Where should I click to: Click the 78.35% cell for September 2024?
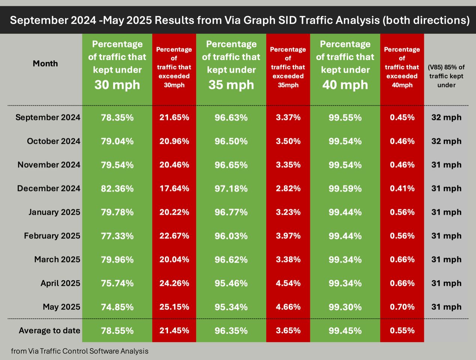click(x=117, y=118)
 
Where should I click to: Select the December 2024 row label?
click(x=49, y=188)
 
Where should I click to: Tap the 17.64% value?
click(x=174, y=188)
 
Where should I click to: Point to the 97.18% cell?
click(x=231, y=189)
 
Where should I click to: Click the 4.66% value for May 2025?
click(x=288, y=307)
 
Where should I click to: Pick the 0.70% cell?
click(x=402, y=307)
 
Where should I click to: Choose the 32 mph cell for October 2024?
click(x=446, y=141)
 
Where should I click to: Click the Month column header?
click(x=45, y=64)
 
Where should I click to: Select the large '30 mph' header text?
click(x=117, y=85)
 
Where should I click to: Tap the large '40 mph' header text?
click(x=345, y=85)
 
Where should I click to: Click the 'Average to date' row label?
click(x=49, y=331)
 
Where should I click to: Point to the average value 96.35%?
click(x=231, y=331)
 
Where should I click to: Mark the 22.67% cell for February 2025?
click(x=174, y=236)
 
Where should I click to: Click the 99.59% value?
click(x=345, y=189)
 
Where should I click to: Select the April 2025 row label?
click(x=60, y=283)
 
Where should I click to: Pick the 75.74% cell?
click(x=117, y=283)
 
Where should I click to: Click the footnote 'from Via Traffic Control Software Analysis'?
click(x=80, y=351)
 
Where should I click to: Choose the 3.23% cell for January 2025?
click(x=288, y=212)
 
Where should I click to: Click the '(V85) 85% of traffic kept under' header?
click(x=446, y=76)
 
